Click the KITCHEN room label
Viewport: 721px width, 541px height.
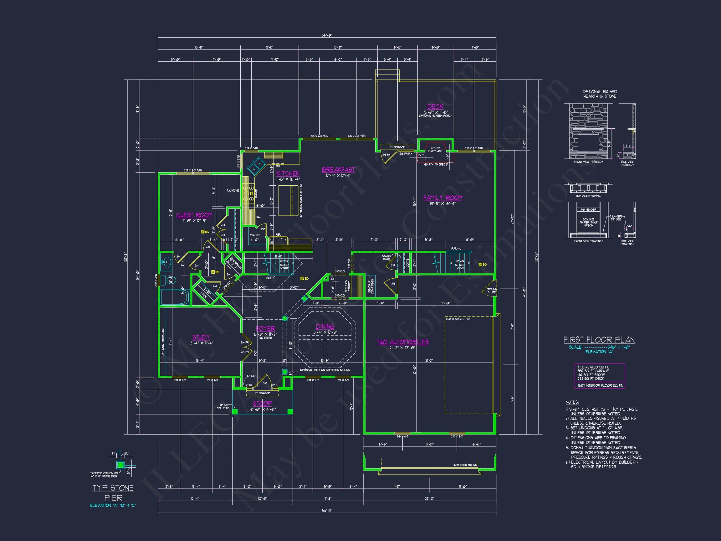point(288,173)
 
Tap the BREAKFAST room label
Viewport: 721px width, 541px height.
point(338,170)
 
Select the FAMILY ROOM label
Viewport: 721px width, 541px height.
point(442,198)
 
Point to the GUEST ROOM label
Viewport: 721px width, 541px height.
point(194,215)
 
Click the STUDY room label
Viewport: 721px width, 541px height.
point(201,337)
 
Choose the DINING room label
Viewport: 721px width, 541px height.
point(325,327)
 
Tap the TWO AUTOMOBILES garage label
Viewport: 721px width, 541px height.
point(402,342)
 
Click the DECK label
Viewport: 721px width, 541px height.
point(435,106)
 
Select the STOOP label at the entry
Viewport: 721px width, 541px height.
point(262,403)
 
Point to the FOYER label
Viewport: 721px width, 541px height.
point(265,329)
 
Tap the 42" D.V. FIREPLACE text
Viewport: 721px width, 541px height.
point(435,149)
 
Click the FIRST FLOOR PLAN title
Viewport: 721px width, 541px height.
point(599,340)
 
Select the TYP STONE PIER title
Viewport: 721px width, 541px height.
point(113,493)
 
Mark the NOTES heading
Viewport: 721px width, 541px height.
point(572,402)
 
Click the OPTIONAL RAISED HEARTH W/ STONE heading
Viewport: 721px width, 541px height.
point(600,94)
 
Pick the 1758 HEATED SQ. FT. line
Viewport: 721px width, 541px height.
point(593,367)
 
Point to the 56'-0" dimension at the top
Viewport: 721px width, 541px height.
point(327,35)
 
